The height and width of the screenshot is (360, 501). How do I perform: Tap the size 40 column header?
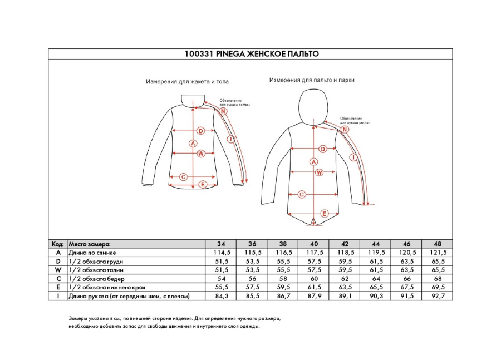coord(314,244)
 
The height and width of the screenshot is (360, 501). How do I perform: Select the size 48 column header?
coord(438,244)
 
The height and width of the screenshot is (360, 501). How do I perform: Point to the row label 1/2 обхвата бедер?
coord(96,279)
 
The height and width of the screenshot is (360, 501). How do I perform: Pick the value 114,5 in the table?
coord(221,253)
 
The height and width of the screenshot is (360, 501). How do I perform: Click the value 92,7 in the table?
coord(438,297)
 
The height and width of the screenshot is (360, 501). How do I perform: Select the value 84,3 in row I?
coord(221,297)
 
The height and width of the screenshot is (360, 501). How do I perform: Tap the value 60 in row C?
coord(314,279)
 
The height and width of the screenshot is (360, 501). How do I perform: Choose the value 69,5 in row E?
coord(438,288)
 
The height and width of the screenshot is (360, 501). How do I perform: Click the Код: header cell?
coord(57,244)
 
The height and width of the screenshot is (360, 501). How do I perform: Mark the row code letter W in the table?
coord(57,270)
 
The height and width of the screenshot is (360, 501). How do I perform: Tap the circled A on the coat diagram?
coord(313,162)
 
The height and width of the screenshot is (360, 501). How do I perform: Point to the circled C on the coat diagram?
coord(302,195)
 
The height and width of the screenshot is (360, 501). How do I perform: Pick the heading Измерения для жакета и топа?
coord(187,81)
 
